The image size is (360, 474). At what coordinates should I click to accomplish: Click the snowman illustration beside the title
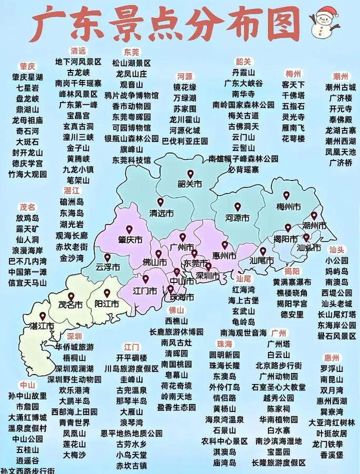tap(325, 22)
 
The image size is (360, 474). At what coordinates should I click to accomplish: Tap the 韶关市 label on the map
tap(190, 184)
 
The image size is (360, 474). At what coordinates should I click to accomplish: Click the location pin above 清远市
tap(160, 202)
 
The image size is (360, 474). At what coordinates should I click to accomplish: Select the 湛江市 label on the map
tap(42, 326)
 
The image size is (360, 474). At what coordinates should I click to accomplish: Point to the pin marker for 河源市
tap(237, 207)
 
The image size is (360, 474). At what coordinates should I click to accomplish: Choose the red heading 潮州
tap(341, 76)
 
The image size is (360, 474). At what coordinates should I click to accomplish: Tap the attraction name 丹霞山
tap(243, 72)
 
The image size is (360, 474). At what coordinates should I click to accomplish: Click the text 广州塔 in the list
tap(279, 344)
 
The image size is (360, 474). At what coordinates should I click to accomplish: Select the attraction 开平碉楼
tap(132, 357)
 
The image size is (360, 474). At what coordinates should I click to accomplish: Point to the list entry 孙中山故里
tap(27, 395)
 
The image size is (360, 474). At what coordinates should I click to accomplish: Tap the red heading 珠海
tap(224, 344)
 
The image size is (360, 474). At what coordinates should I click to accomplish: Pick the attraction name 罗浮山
tap(332, 368)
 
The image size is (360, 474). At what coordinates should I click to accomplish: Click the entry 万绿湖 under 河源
tap(184, 98)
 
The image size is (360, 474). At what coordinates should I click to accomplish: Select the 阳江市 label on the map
tap(107, 304)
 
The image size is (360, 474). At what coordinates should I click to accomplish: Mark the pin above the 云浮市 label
tap(107, 257)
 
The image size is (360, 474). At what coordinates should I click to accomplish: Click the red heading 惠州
tap(332, 357)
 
